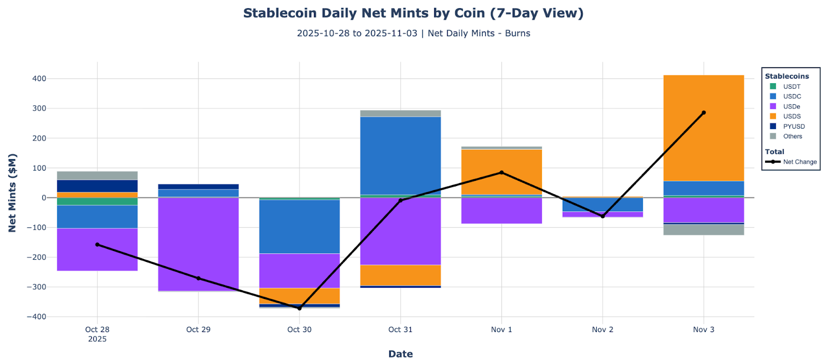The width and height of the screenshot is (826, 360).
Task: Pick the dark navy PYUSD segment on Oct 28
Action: click(x=97, y=186)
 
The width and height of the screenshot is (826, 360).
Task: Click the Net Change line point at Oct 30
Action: click(x=299, y=308)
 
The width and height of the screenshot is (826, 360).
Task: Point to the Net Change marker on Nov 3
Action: click(x=703, y=113)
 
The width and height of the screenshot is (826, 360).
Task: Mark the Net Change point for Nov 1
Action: click(x=501, y=173)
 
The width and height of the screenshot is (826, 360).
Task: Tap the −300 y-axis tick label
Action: click(x=37, y=287)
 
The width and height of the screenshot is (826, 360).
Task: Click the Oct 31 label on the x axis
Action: click(x=400, y=330)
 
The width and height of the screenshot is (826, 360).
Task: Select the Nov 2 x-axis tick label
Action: click(x=602, y=330)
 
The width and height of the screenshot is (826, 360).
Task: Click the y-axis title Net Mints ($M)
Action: click(x=12, y=193)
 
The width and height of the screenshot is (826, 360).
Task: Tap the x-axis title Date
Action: click(x=400, y=354)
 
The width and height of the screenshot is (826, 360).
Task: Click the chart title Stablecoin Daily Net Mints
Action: click(x=413, y=13)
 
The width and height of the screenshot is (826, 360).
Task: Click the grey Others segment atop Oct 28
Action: click(x=97, y=176)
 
